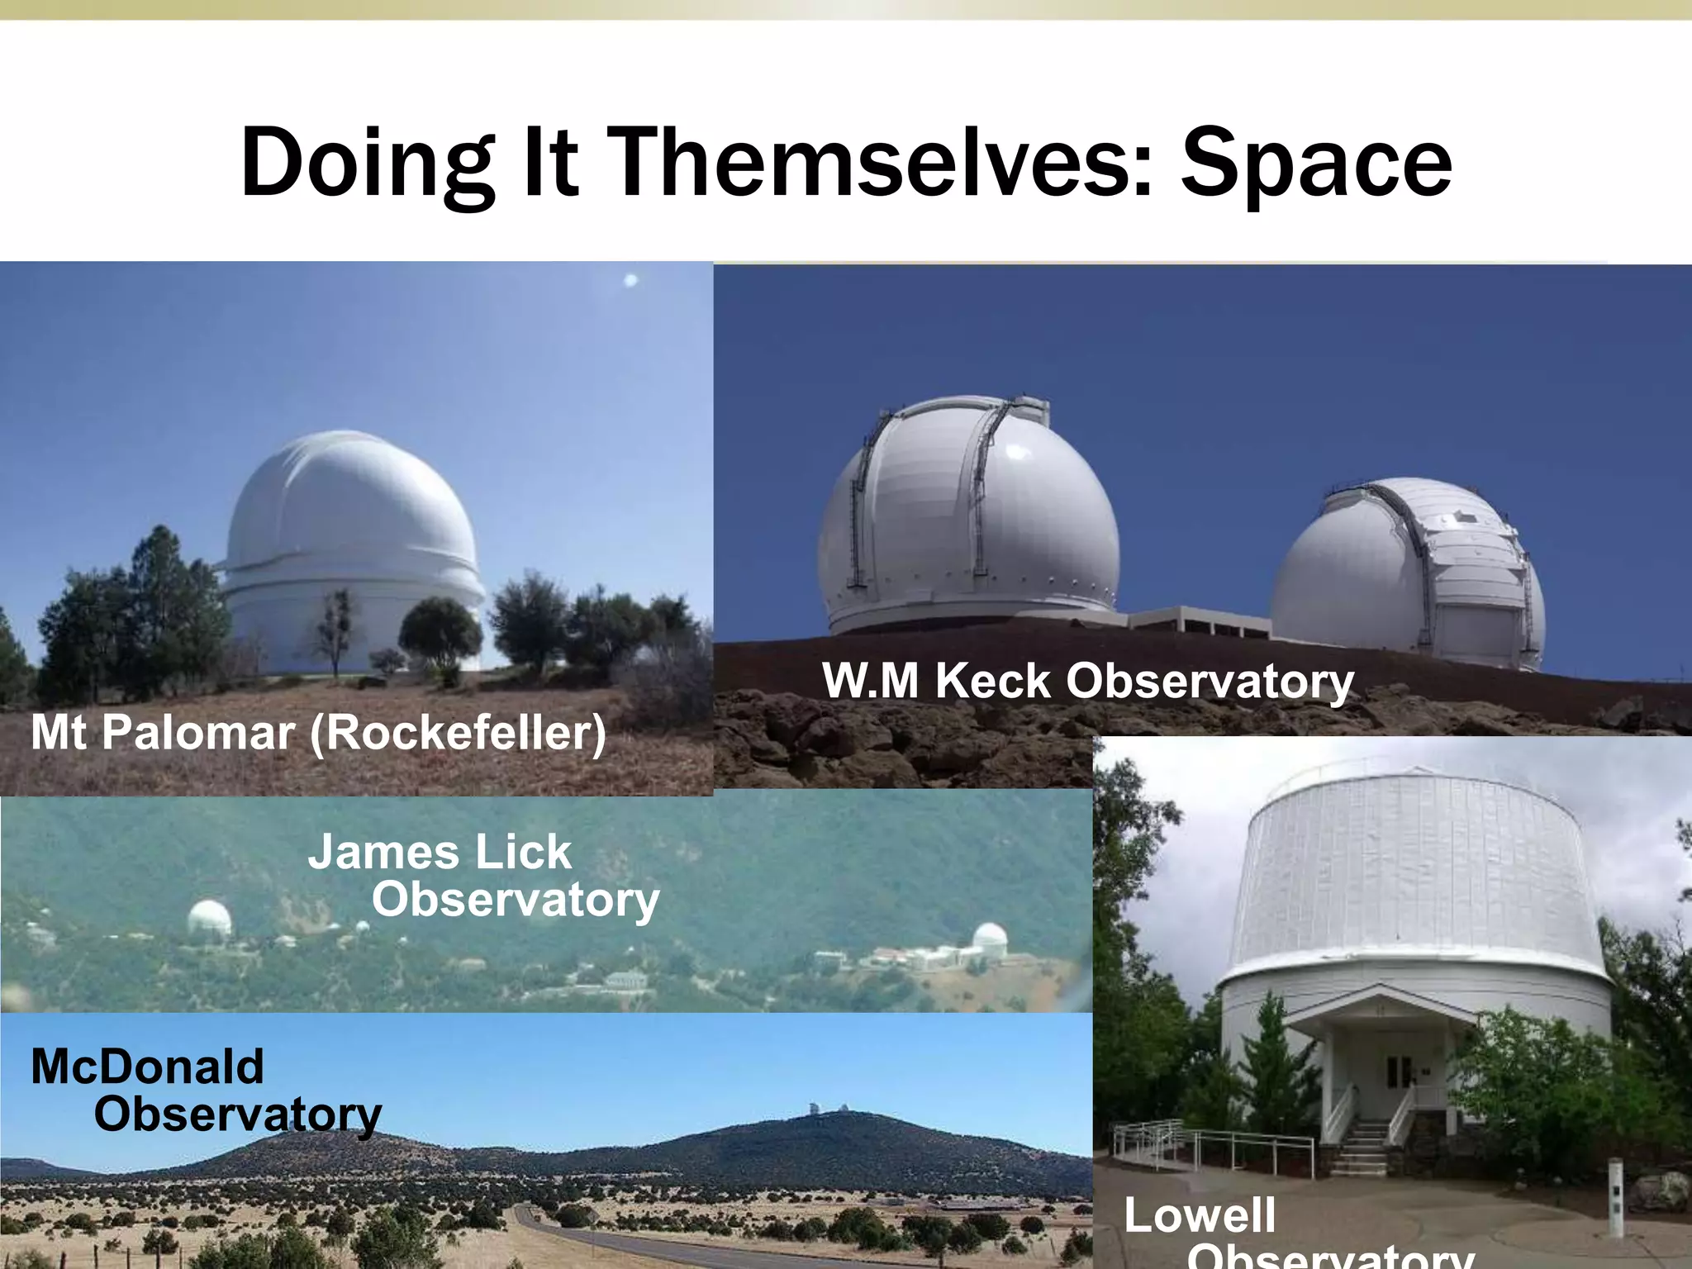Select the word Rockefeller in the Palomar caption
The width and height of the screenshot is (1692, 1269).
pos(459,732)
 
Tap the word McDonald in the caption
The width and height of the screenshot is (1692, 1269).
pos(147,1067)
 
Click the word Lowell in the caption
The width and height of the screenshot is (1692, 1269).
pos(1200,1215)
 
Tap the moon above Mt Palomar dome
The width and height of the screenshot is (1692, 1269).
pos(630,280)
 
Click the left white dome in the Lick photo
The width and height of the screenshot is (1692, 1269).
pos(208,920)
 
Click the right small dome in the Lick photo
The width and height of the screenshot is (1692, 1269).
pos(989,939)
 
